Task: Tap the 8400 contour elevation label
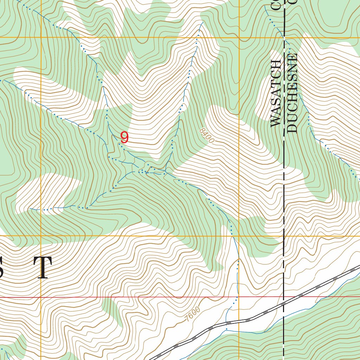coord(206,135)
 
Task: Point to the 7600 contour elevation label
coord(193,314)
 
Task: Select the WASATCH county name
coord(276,93)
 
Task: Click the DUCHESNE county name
coord(292,93)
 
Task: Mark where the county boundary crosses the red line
coord(284,297)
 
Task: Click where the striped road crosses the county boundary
coord(284,303)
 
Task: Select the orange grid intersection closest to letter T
coord(41,236)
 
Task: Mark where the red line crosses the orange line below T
coord(41,297)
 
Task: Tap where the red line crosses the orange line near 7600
coord(239,297)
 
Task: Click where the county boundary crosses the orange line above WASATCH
coord(284,37)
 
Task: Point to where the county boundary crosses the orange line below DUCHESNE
coord(284,236)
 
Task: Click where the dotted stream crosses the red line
coord(236,297)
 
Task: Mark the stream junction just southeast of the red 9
coord(146,172)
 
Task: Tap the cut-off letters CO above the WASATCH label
coord(276,4)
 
